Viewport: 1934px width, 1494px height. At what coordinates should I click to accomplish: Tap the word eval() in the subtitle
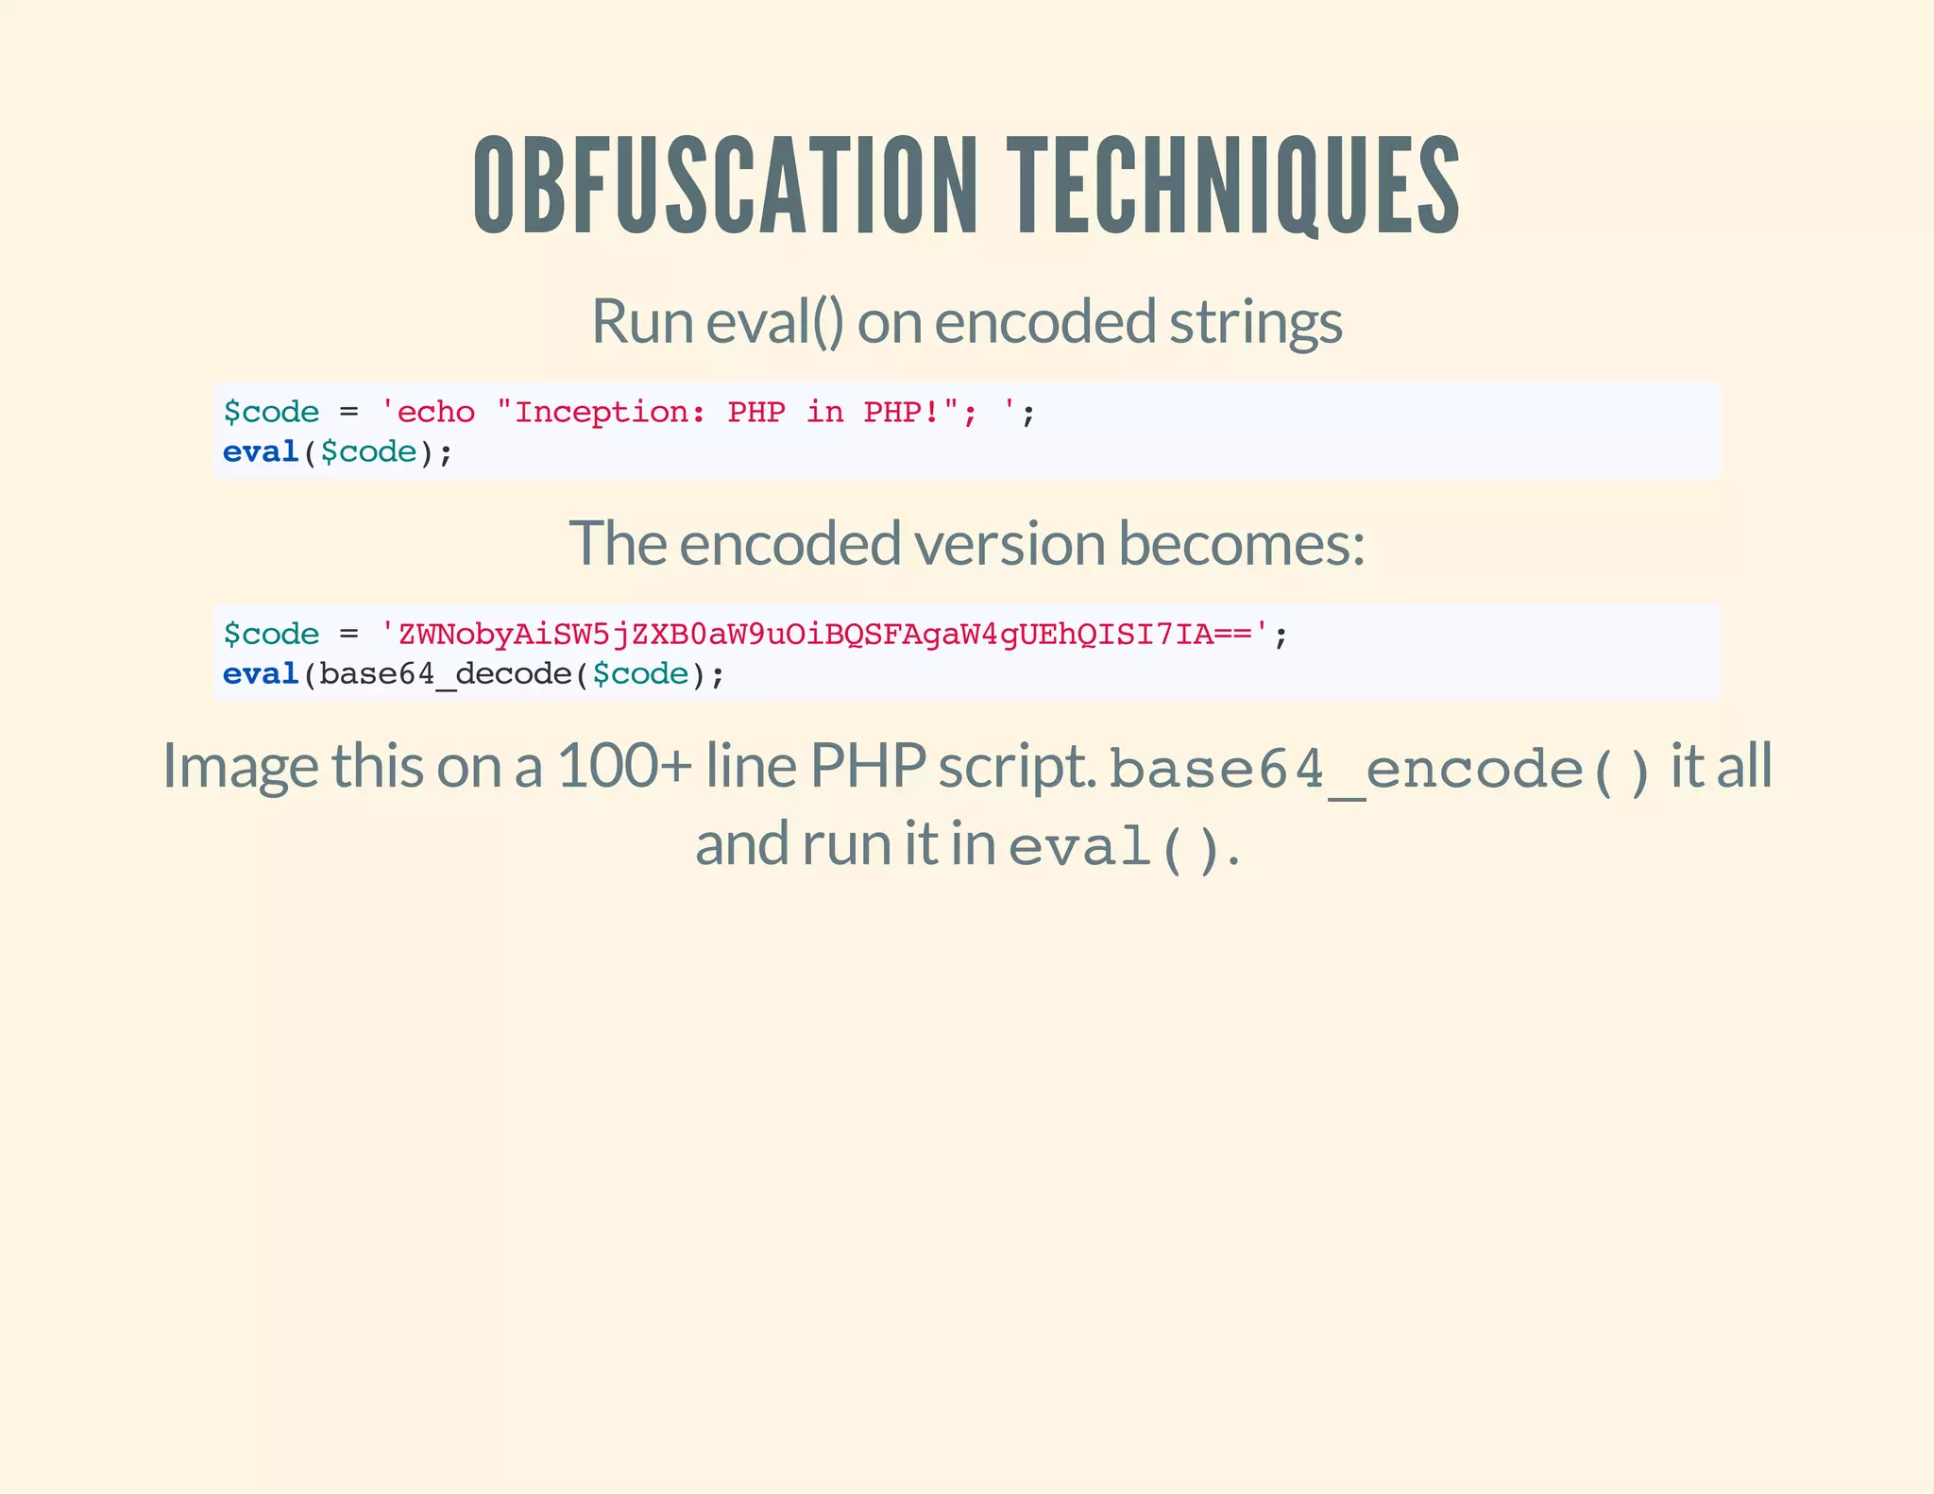coord(774,322)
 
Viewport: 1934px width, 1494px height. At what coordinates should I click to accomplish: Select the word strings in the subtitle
coord(1255,322)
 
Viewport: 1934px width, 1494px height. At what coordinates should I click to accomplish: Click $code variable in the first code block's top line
coord(271,413)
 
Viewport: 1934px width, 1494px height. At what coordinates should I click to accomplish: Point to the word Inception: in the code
coord(610,413)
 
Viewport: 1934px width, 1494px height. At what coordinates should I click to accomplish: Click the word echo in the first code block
coord(435,413)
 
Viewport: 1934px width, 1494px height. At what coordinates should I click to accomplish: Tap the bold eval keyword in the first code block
coord(260,452)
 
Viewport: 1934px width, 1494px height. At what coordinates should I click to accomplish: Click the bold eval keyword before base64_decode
coord(260,674)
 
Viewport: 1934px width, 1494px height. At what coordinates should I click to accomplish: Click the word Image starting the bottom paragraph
coord(240,766)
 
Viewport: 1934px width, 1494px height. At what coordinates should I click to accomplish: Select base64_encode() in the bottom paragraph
coord(1380,770)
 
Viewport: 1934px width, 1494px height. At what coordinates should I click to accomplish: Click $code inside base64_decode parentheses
coord(640,674)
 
